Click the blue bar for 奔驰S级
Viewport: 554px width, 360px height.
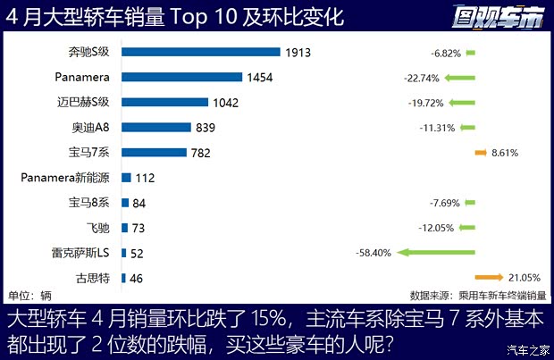click(201, 53)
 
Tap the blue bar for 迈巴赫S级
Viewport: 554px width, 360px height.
click(164, 103)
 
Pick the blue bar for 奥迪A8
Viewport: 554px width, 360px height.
click(155, 128)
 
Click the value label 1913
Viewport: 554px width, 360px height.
click(298, 53)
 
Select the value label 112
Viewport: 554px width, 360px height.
click(147, 178)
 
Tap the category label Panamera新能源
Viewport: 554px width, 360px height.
click(63, 178)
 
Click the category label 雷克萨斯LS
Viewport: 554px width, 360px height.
click(80, 253)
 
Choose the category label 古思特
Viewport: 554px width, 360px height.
click(93, 278)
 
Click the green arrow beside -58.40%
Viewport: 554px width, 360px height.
click(437, 253)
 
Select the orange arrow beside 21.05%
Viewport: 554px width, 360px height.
click(491, 277)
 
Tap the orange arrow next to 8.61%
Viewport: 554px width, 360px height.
click(481, 153)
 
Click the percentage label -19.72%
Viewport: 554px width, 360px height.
click(437, 103)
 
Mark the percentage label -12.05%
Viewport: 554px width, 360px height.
click(438, 228)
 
